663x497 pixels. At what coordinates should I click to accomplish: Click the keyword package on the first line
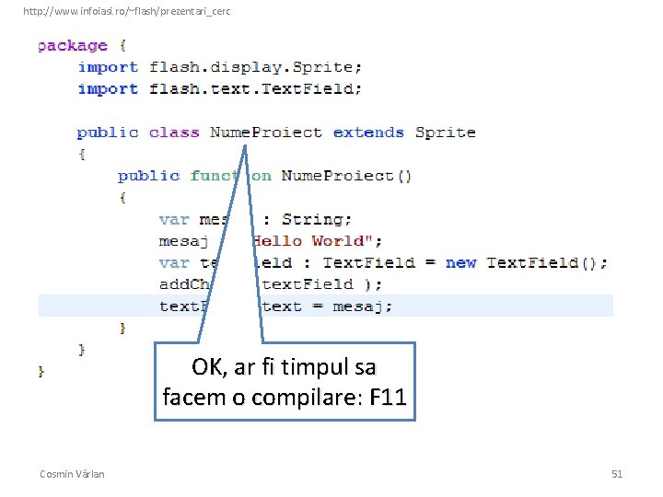(73, 46)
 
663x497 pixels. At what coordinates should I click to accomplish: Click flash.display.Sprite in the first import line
(255, 67)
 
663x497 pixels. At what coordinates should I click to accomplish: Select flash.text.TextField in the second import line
(255, 89)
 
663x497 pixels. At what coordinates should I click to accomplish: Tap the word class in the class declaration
(174, 133)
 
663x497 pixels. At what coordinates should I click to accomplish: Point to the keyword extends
(368, 133)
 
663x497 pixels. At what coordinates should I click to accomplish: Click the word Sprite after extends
(445, 133)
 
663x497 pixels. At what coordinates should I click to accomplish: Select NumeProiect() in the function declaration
(346, 176)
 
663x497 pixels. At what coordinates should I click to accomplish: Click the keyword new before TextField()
(460, 262)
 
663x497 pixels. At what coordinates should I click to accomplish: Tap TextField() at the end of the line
(546, 262)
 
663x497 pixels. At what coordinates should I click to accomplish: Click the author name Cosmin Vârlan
(72, 474)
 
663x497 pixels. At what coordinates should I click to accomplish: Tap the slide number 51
(617, 474)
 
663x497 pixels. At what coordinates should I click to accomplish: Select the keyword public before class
(108, 133)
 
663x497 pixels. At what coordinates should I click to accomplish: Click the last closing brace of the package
(41, 371)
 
